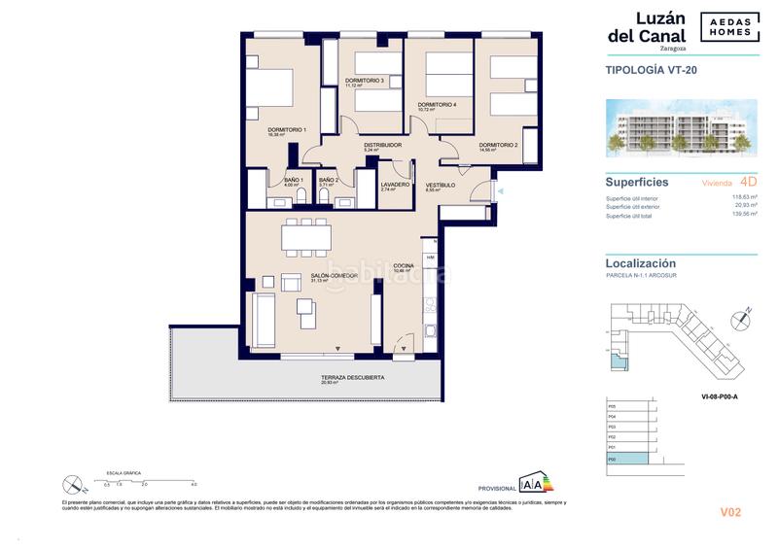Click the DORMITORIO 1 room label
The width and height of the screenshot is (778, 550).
click(x=287, y=129)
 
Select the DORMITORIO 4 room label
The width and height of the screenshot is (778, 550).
click(x=437, y=104)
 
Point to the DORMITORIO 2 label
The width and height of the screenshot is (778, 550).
click(x=497, y=145)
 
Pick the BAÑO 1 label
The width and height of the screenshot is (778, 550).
click(x=294, y=180)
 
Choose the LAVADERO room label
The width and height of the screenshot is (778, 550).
click(x=395, y=184)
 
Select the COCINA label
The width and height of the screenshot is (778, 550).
click(x=404, y=265)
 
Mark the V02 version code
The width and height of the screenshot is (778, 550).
click(x=731, y=511)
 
